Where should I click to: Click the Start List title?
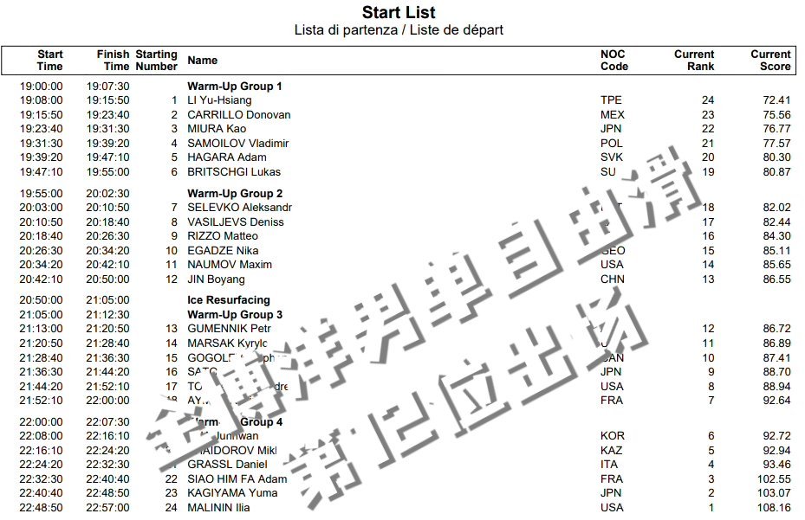click(399, 12)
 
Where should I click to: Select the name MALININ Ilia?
click(218, 507)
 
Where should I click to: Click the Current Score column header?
click(770, 60)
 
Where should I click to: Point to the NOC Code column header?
click(614, 60)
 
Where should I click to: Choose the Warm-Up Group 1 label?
click(235, 86)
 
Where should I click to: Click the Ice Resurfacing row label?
click(229, 300)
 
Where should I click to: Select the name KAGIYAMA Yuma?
click(232, 492)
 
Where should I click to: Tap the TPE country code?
click(611, 100)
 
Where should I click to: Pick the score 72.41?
click(773, 100)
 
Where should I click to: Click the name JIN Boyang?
click(216, 279)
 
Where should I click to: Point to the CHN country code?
click(612, 279)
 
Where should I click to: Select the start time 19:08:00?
click(42, 100)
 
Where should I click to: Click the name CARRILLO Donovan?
click(239, 114)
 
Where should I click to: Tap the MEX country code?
click(612, 114)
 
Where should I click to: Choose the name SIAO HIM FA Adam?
click(237, 478)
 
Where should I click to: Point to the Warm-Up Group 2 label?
click(235, 193)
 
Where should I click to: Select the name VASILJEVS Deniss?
click(236, 221)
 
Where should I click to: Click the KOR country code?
click(612, 435)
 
